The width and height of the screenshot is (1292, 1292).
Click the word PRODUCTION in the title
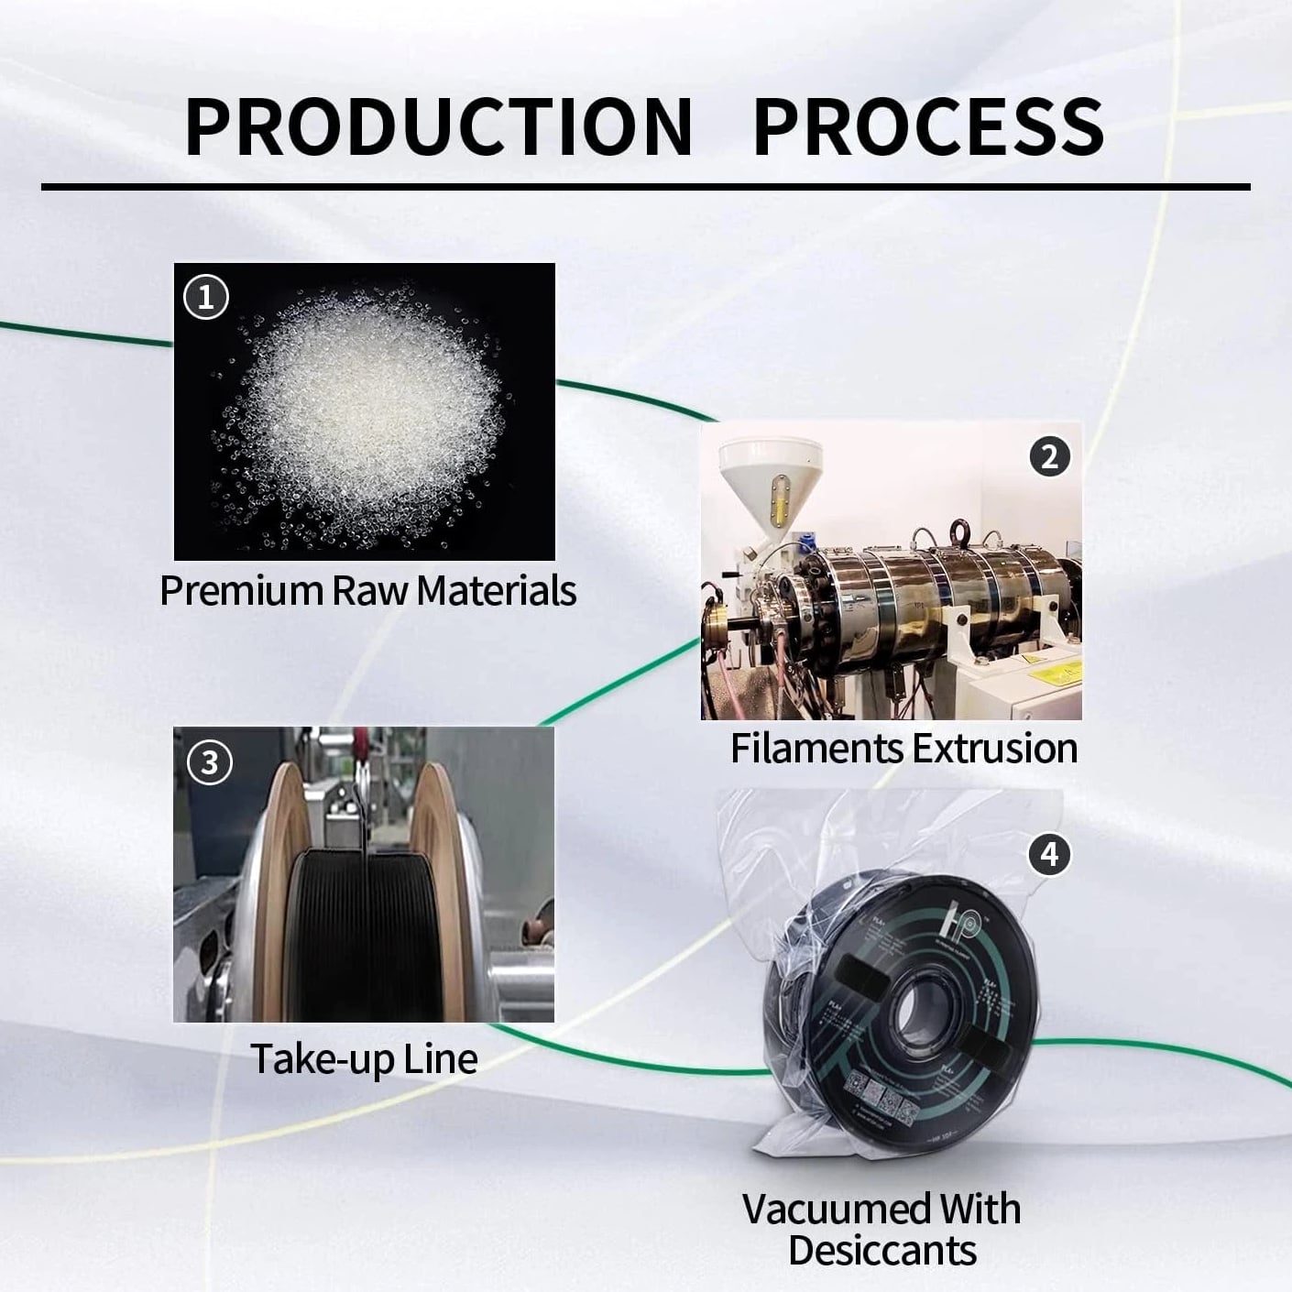(439, 127)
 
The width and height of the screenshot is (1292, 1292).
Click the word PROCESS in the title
(928, 127)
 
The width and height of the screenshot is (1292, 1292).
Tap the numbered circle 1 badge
(206, 297)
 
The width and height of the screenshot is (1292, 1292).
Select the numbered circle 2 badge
(1050, 457)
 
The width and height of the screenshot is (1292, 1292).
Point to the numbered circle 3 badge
(209, 762)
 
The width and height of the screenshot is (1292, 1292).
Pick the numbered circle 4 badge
(1050, 854)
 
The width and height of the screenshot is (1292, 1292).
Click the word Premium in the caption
(242, 591)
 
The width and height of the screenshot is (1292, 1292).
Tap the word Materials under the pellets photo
(496, 591)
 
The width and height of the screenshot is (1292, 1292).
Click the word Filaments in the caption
(817, 748)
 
